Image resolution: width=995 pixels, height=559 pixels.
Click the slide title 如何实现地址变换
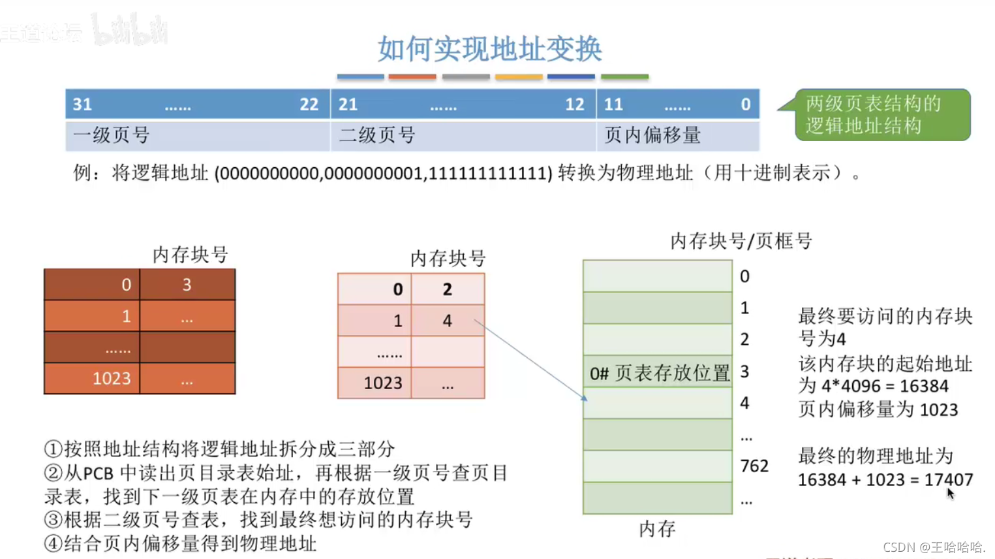click(x=489, y=49)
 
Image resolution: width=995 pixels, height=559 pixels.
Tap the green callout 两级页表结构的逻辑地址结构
click(x=881, y=115)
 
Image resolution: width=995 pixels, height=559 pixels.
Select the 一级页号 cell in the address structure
click(x=198, y=136)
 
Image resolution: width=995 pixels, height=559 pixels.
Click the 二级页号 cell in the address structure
click(x=463, y=136)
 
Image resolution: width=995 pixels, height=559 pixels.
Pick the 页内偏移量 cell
click(x=677, y=136)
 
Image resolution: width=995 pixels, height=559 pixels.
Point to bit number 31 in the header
click(x=82, y=104)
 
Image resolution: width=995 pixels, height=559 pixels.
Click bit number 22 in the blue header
click(x=309, y=104)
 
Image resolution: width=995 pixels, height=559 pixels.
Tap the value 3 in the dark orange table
click(x=187, y=285)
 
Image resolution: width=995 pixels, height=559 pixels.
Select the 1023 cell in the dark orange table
click(x=112, y=379)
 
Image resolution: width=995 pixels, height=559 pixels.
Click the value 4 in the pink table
click(x=447, y=321)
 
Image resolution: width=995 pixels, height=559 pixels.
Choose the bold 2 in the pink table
click(x=447, y=289)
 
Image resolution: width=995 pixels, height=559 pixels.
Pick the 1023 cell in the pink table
click(x=382, y=383)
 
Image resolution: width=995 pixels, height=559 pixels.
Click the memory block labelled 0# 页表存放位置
click(x=658, y=373)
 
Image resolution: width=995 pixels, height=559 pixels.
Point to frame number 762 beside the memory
click(x=754, y=466)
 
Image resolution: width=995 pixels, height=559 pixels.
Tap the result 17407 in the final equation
click(x=949, y=480)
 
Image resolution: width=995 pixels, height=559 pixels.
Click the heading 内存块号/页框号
click(x=741, y=242)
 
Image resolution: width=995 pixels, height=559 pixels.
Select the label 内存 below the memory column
click(x=657, y=529)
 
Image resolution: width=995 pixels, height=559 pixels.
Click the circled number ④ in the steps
click(x=53, y=543)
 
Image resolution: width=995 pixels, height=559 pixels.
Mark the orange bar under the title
click(x=412, y=77)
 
